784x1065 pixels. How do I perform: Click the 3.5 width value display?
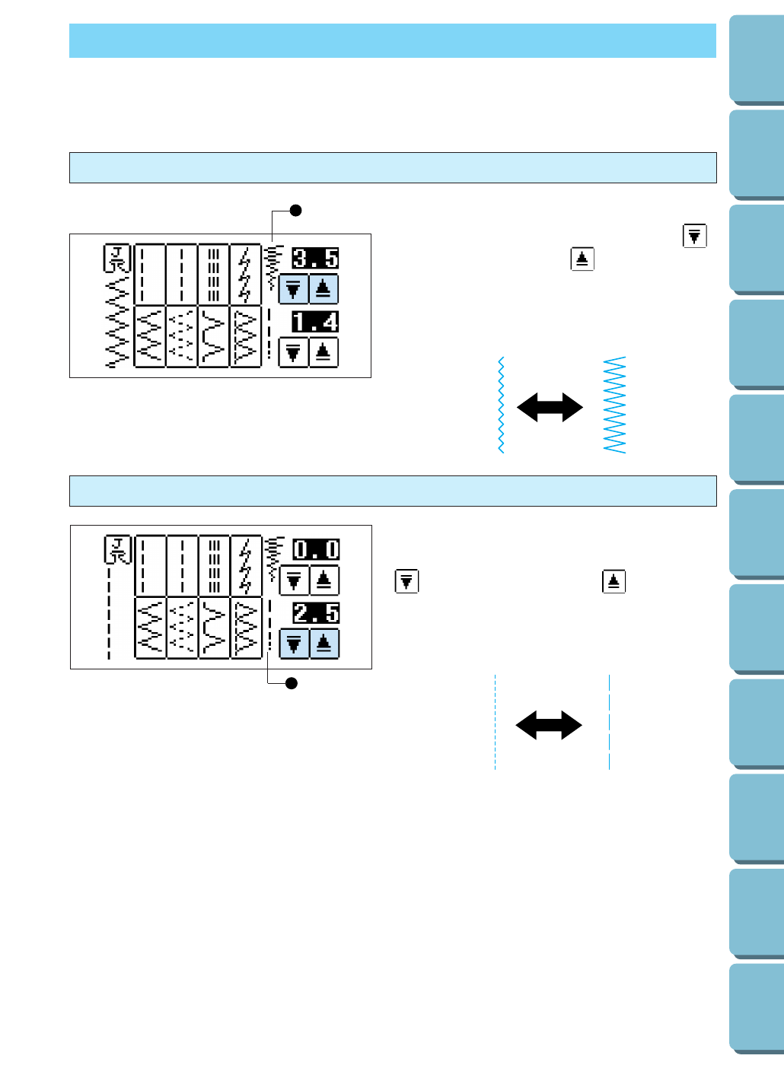(x=315, y=259)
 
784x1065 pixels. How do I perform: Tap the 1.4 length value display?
(x=315, y=322)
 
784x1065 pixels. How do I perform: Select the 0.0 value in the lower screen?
(x=316, y=549)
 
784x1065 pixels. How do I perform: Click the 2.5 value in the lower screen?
(x=316, y=613)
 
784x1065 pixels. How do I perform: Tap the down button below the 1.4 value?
(x=293, y=353)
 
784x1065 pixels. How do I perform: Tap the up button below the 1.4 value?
(x=323, y=353)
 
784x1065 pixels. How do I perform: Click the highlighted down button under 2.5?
(x=294, y=644)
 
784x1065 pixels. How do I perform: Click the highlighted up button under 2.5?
(x=324, y=644)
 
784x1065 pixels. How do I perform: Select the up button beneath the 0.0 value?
(x=324, y=580)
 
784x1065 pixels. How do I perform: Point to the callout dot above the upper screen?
(x=296, y=211)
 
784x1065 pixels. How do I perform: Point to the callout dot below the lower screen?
(x=291, y=683)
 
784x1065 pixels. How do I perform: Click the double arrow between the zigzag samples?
(x=550, y=407)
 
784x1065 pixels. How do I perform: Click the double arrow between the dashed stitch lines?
(x=549, y=725)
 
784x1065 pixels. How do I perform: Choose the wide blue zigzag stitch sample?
(x=614, y=405)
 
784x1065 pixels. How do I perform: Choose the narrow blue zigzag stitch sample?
(x=501, y=405)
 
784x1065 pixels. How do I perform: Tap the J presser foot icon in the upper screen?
(x=118, y=259)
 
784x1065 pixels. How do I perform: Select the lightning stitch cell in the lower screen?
(x=245, y=565)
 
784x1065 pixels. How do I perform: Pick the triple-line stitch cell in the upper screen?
(x=214, y=274)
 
